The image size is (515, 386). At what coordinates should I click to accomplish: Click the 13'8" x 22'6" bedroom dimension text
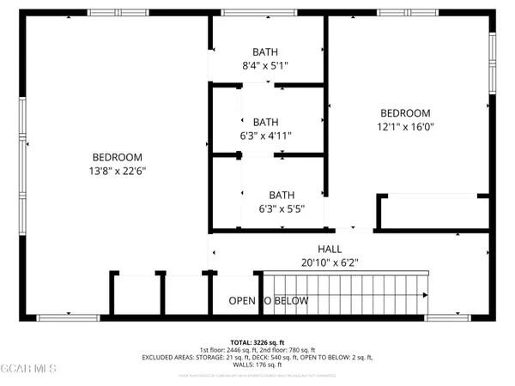pos(118,171)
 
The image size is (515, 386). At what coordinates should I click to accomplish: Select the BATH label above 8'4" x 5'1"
pos(266,51)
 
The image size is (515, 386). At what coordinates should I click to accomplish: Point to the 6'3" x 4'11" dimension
pos(266,135)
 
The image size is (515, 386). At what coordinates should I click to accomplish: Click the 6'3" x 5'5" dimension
pos(282,208)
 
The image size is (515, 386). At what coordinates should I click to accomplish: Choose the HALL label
pos(282,249)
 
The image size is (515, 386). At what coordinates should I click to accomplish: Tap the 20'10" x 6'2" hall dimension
pos(282,262)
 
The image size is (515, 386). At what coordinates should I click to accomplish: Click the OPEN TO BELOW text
pos(268,301)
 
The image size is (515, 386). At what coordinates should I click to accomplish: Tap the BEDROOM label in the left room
pos(118,158)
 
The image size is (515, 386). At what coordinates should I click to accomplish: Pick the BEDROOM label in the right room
pos(405,113)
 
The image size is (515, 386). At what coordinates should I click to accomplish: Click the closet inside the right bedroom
pos(433,212)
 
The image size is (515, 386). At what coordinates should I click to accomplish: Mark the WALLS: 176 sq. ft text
pos(257,365)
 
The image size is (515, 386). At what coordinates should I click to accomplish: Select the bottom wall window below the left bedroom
pos(63,317)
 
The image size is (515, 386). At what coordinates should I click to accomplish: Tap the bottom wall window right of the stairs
pos(448,317)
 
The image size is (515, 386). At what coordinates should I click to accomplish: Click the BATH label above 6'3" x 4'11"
pos(266,122)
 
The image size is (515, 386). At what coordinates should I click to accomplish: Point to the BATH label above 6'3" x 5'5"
pos(282,195)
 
